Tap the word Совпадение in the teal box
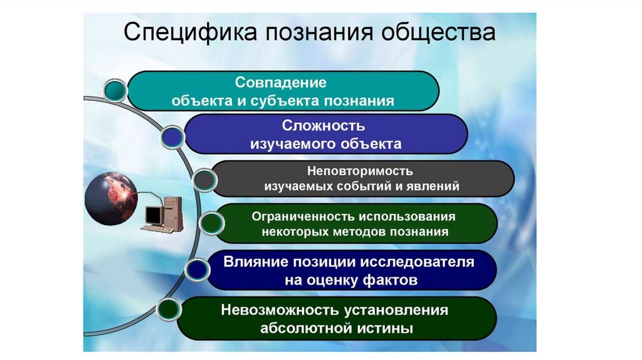tap(282, 82)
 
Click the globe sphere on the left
tap(111, 199)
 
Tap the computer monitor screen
tap(152, 215)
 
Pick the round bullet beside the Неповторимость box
tap(203, 180)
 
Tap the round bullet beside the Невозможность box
tap(167, 310)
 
